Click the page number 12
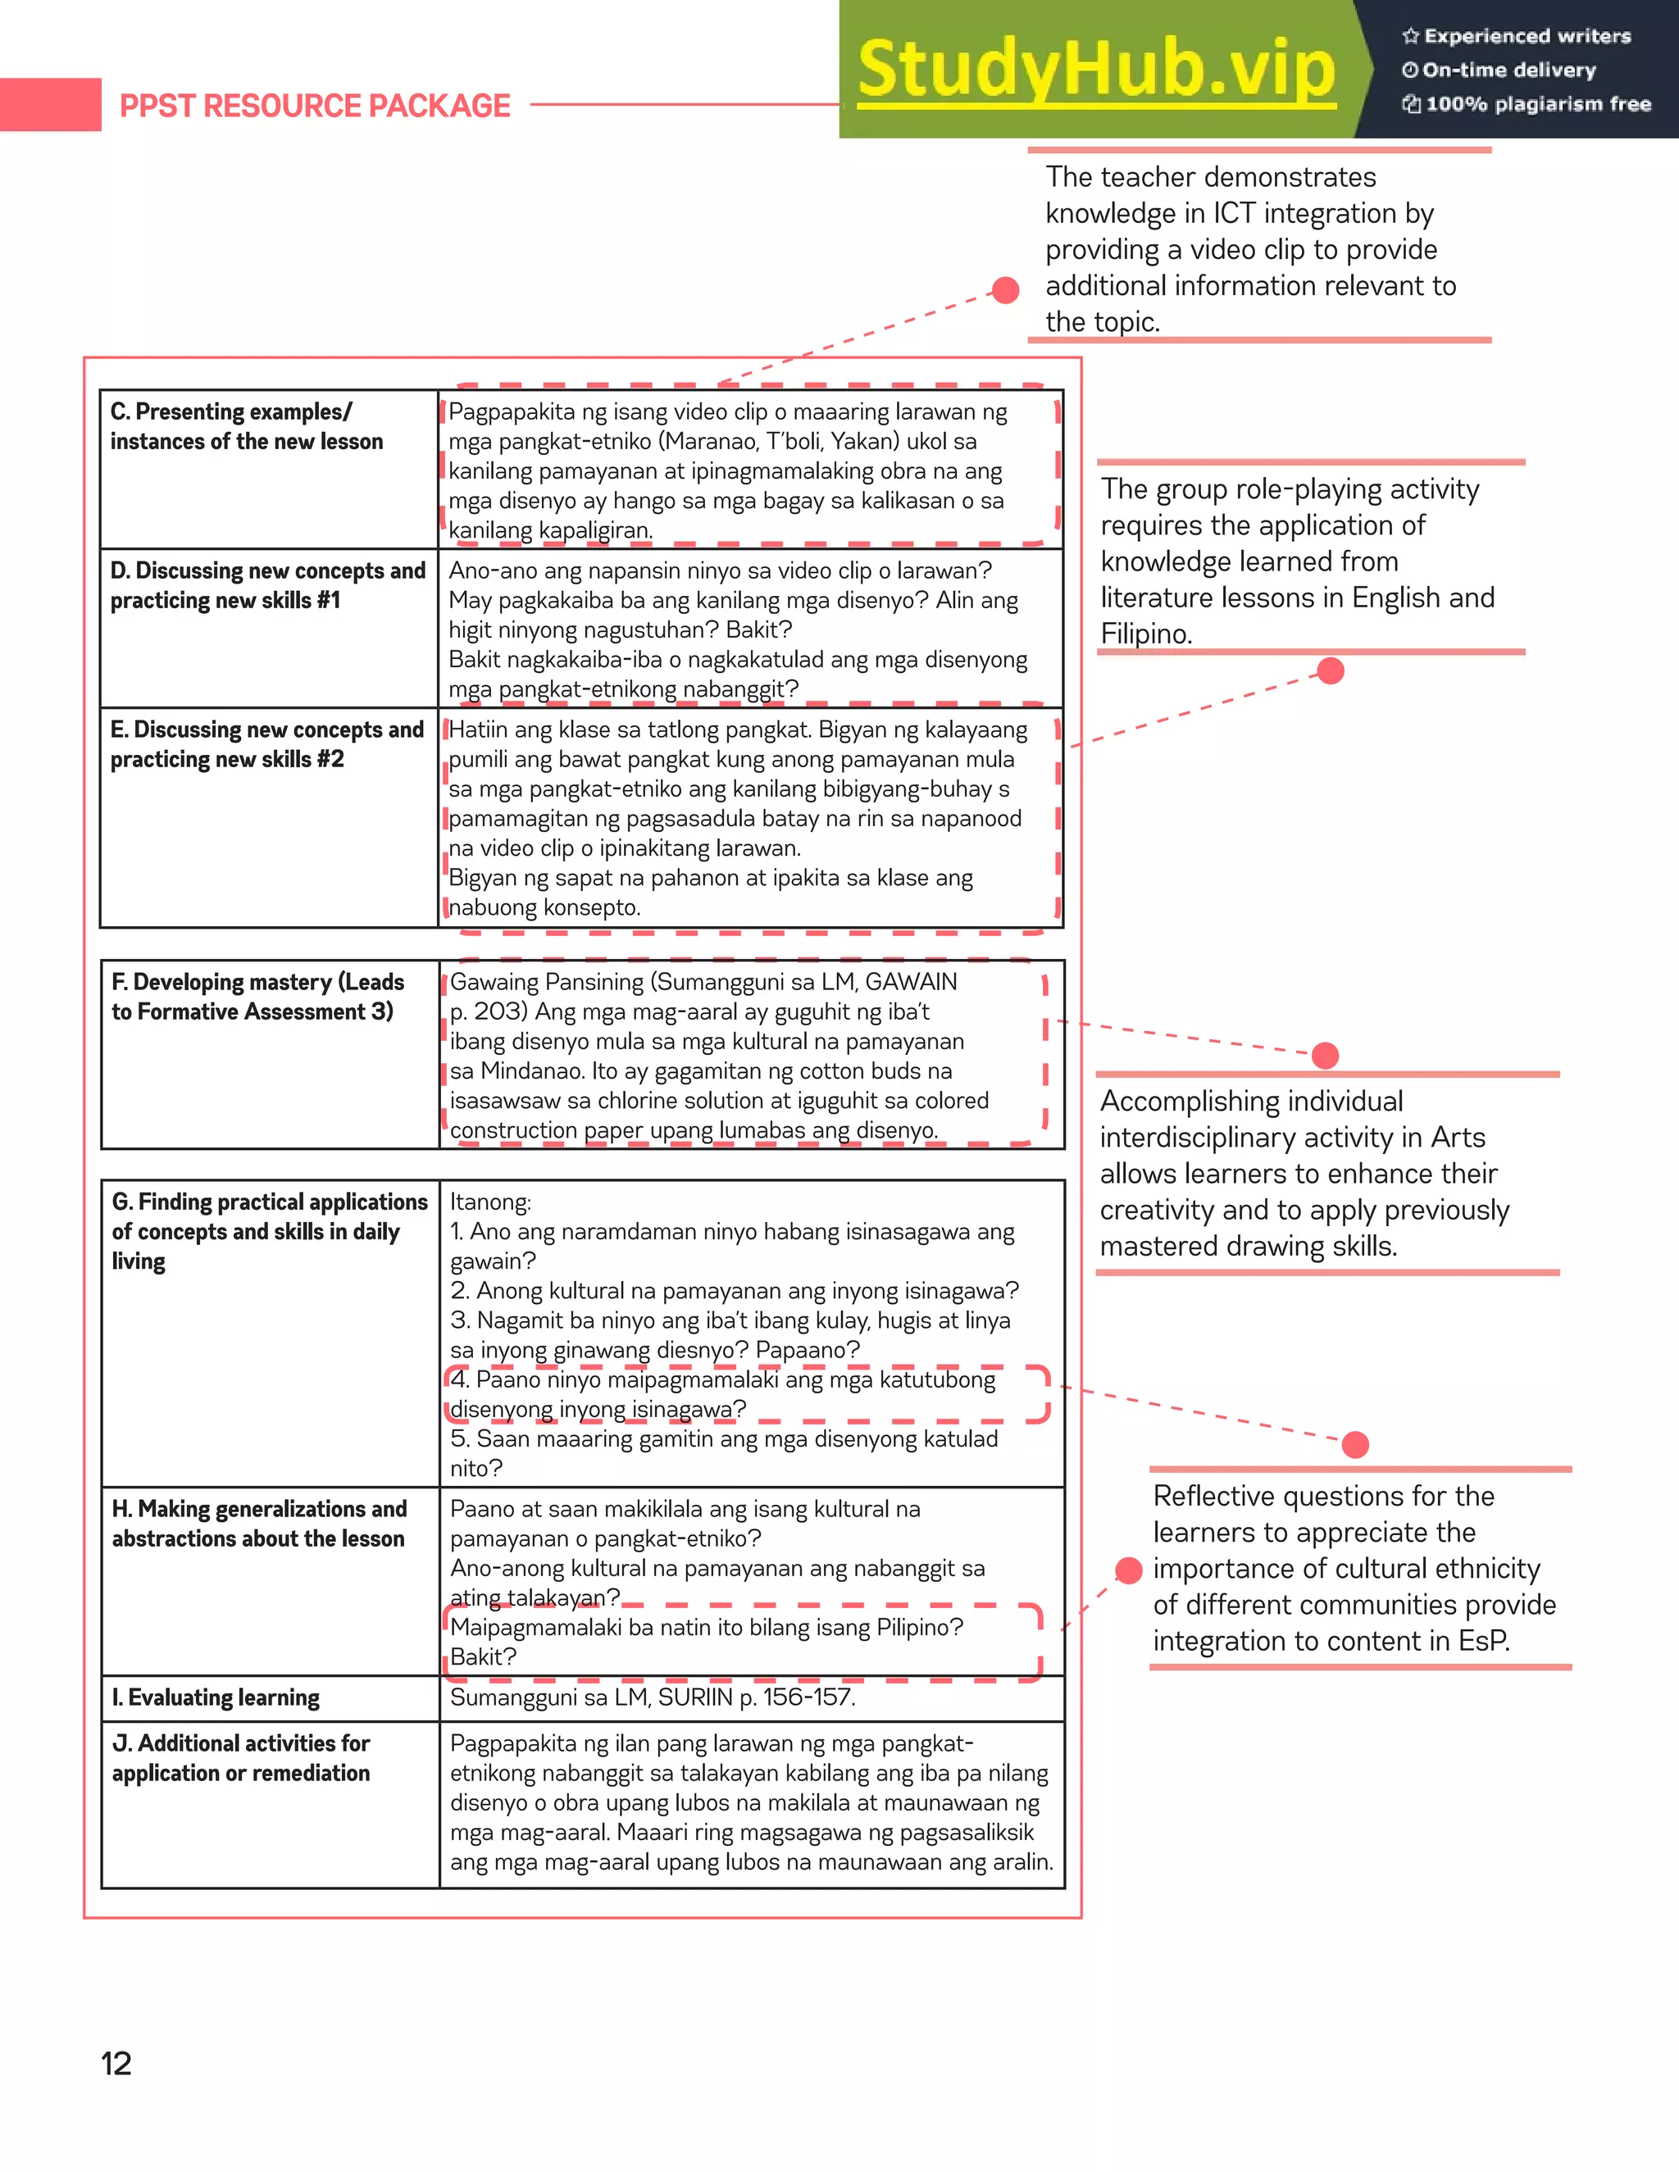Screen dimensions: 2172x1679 coord(116,2064)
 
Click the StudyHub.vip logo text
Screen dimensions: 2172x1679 coord(1096,70)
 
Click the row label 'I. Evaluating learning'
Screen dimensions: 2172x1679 coord(216,1697)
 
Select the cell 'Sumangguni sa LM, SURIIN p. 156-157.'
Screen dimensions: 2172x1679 coord(653,1697)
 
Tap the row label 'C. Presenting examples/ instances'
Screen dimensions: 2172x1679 coord(246,427)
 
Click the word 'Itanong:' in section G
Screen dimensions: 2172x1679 coord(490,1202)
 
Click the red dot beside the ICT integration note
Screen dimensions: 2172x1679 coord(1006,290)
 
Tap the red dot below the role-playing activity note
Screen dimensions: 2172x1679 coord(1330,671)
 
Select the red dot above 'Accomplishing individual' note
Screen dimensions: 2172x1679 coord(1325,1055)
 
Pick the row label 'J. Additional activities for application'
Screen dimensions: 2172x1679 coord(241,1758)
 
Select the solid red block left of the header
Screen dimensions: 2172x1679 coord(50,104)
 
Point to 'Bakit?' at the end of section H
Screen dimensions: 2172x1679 coord(484,1656)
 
